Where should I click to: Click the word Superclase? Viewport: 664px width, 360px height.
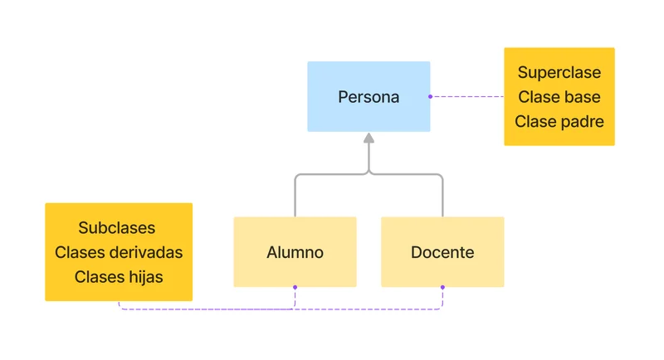point(559,73)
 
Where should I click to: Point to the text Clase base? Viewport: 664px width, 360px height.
point(559,97)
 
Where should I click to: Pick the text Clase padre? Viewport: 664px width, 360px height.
point(559,122)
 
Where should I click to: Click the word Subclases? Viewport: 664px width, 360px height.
point(117,227)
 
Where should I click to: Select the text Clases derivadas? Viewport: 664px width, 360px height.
point(119,252)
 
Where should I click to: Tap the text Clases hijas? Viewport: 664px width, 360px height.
point(119,277)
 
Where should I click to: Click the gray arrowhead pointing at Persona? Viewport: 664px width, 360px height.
point(369,138)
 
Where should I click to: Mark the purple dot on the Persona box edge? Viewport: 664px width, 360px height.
point(430,96)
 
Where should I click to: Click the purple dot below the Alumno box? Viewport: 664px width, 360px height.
point(295,287)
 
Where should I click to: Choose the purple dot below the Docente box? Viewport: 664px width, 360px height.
point(442,287)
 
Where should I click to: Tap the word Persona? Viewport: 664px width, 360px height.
point(369,97)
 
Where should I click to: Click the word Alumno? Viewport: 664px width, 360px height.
point(295,252)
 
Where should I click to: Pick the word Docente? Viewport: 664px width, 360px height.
point(442,252)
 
